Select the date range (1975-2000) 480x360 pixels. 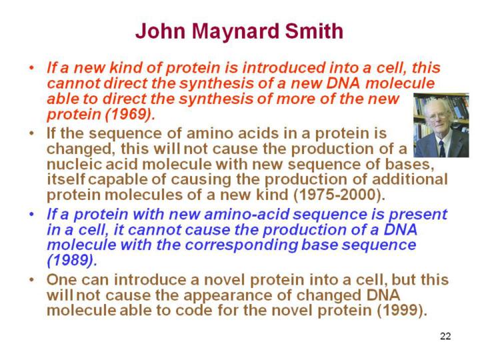339,195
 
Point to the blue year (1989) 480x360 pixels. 71,261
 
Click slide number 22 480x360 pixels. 445,336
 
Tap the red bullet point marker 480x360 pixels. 31,67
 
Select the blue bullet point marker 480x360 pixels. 31,214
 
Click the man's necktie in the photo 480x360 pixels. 442,149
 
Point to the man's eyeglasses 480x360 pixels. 437,116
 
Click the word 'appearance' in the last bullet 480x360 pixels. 237,296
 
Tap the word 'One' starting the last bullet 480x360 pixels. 62,280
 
